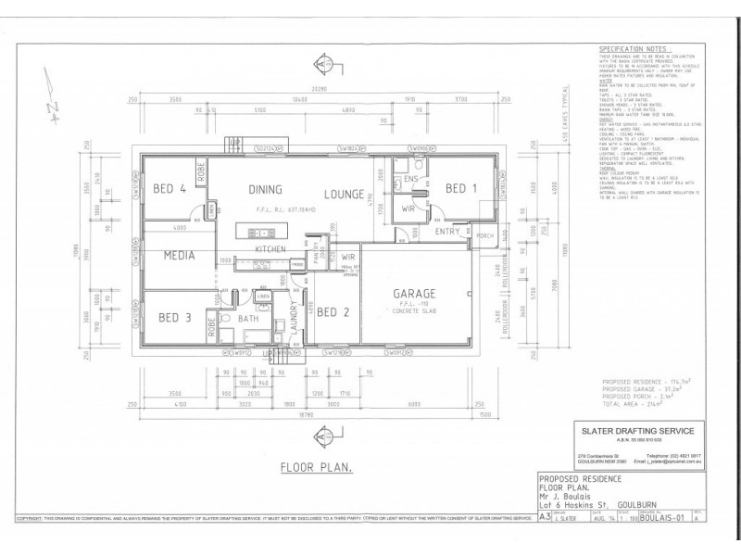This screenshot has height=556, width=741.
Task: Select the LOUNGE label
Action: point(345,194)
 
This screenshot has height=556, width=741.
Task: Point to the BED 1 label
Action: point(460,189)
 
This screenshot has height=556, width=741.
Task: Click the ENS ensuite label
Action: point(412,178)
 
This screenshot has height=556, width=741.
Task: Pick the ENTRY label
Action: point(447,231)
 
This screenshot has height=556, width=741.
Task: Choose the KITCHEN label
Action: point(270,250)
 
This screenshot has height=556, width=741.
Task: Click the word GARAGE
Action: point(417,294)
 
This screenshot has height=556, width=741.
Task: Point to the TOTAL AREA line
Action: point(637,406)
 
